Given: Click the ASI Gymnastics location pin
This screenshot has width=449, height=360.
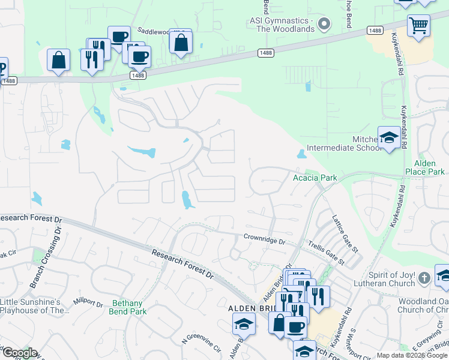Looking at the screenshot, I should click(324, 25).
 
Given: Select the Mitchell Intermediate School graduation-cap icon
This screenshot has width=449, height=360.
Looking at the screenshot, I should click(388, 138).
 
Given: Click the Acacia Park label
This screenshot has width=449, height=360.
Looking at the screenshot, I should click(315, 178).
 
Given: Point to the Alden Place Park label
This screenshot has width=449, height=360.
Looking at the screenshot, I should click(429, 167).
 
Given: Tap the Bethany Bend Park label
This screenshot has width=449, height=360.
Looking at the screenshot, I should click(128, 308).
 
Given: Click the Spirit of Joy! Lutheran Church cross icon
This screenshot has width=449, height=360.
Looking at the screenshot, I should click(424, 277).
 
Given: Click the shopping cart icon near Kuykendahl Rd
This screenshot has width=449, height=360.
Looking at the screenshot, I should click(418, 25).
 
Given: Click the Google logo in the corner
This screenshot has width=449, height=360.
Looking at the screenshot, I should click(19, 353).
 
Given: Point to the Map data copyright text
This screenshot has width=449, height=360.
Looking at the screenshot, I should click(412, 355).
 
